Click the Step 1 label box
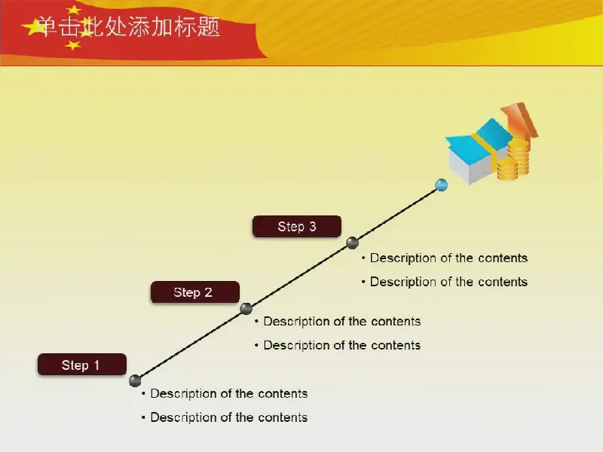(x=82, y=365)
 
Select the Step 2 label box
(x=195, y=292)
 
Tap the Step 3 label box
(x=297, y=227)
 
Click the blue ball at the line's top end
(x=441, y=185)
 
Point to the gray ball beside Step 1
(x=135, y=380)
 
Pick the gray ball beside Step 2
(x=246, y=308)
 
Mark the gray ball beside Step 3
(x=352, y=243)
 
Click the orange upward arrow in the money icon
(x=520, y=121)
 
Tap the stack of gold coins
(x=514, y=160)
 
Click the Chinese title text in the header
(x=128, y=27)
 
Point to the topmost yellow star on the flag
(x=73, y=10)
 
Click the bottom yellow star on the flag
(x=72, y=45)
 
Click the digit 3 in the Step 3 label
(x=313, y=227)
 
